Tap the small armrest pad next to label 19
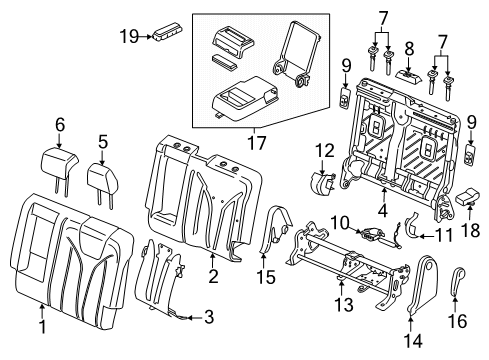163,30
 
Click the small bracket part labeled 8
410,74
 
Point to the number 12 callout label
324,150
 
